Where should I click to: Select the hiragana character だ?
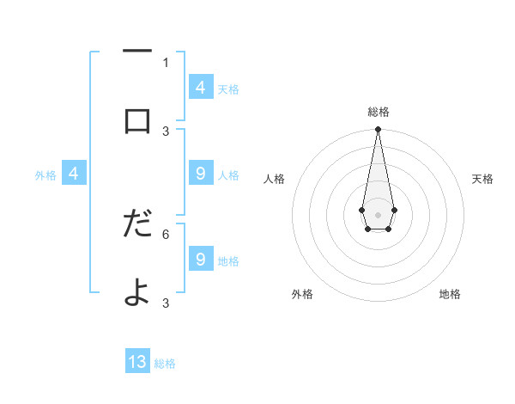(x=137, y=224)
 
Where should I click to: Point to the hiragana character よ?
(x=137, y=292)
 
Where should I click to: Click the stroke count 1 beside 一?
(x=166, y=62)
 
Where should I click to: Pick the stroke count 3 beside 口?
(x=166, y=131)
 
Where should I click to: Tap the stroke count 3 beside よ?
(x=166, y=303)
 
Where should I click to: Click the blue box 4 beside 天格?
(x=201, y=88)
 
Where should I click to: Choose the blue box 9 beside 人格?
(x=201, y=174)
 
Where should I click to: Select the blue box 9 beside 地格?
(x=201, y=260)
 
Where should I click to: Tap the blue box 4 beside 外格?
(x=74, y=174)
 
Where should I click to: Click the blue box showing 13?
(x=137, y=362)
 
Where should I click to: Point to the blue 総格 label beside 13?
(x=165, y=364)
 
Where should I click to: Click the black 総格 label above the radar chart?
(x=378, y=112)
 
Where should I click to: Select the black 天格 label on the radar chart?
(x=482, y=179)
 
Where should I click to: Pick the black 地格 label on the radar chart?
(x=450, y=294)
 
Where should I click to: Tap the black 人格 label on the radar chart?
(x=274, y=179)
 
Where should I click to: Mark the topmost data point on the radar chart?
(x=378, y=129)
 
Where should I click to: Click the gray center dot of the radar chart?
(x=378, y=213)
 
